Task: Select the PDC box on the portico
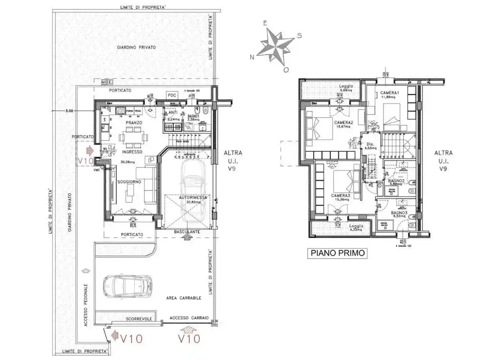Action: tap(172, 95)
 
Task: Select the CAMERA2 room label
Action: tap(343, 122)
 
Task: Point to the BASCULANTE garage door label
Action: tap(187, 231)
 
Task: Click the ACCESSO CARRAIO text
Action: tap(189, 318)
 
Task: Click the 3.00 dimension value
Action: tap(69, 111)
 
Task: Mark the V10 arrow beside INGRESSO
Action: tap(89, 149)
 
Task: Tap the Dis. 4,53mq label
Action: tap(370, 145)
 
